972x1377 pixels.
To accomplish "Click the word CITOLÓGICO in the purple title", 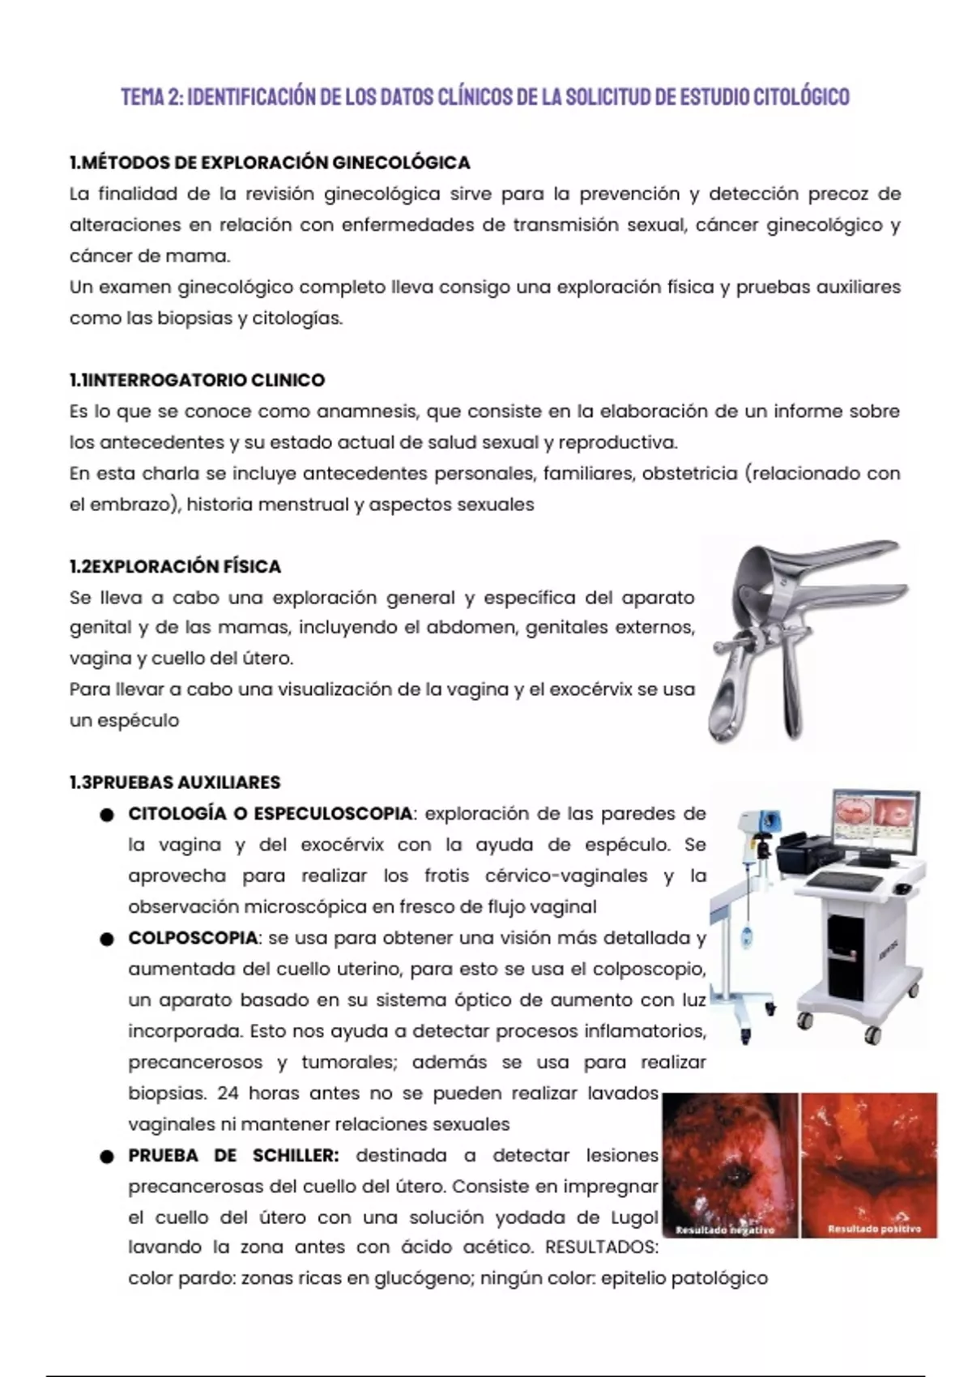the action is tap(802, 96).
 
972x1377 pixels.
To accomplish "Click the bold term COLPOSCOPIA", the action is tap(193, 938).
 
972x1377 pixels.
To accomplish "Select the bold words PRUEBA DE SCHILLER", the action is tap(233, 1156).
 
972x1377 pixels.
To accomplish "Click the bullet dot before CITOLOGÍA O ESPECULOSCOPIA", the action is tap(107, 815).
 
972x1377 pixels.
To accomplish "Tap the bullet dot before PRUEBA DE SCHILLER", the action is tap(107, 1157).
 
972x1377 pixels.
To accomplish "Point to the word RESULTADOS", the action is tap(601, 1247).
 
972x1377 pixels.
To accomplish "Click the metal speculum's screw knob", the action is tap(721, 646).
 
